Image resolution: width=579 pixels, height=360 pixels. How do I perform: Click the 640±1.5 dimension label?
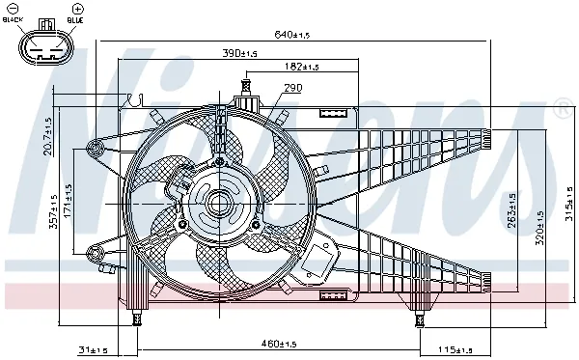coord(291,35)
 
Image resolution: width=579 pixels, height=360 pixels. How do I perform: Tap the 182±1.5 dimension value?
coord(302,67)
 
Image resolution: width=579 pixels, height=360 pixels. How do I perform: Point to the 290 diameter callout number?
coord(292,89)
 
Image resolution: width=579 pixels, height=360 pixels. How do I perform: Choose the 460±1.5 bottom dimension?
coord(279,343)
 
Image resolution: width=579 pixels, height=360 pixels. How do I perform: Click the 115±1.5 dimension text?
coord(453,348)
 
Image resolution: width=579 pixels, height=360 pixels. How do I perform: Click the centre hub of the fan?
coord(214,204)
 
